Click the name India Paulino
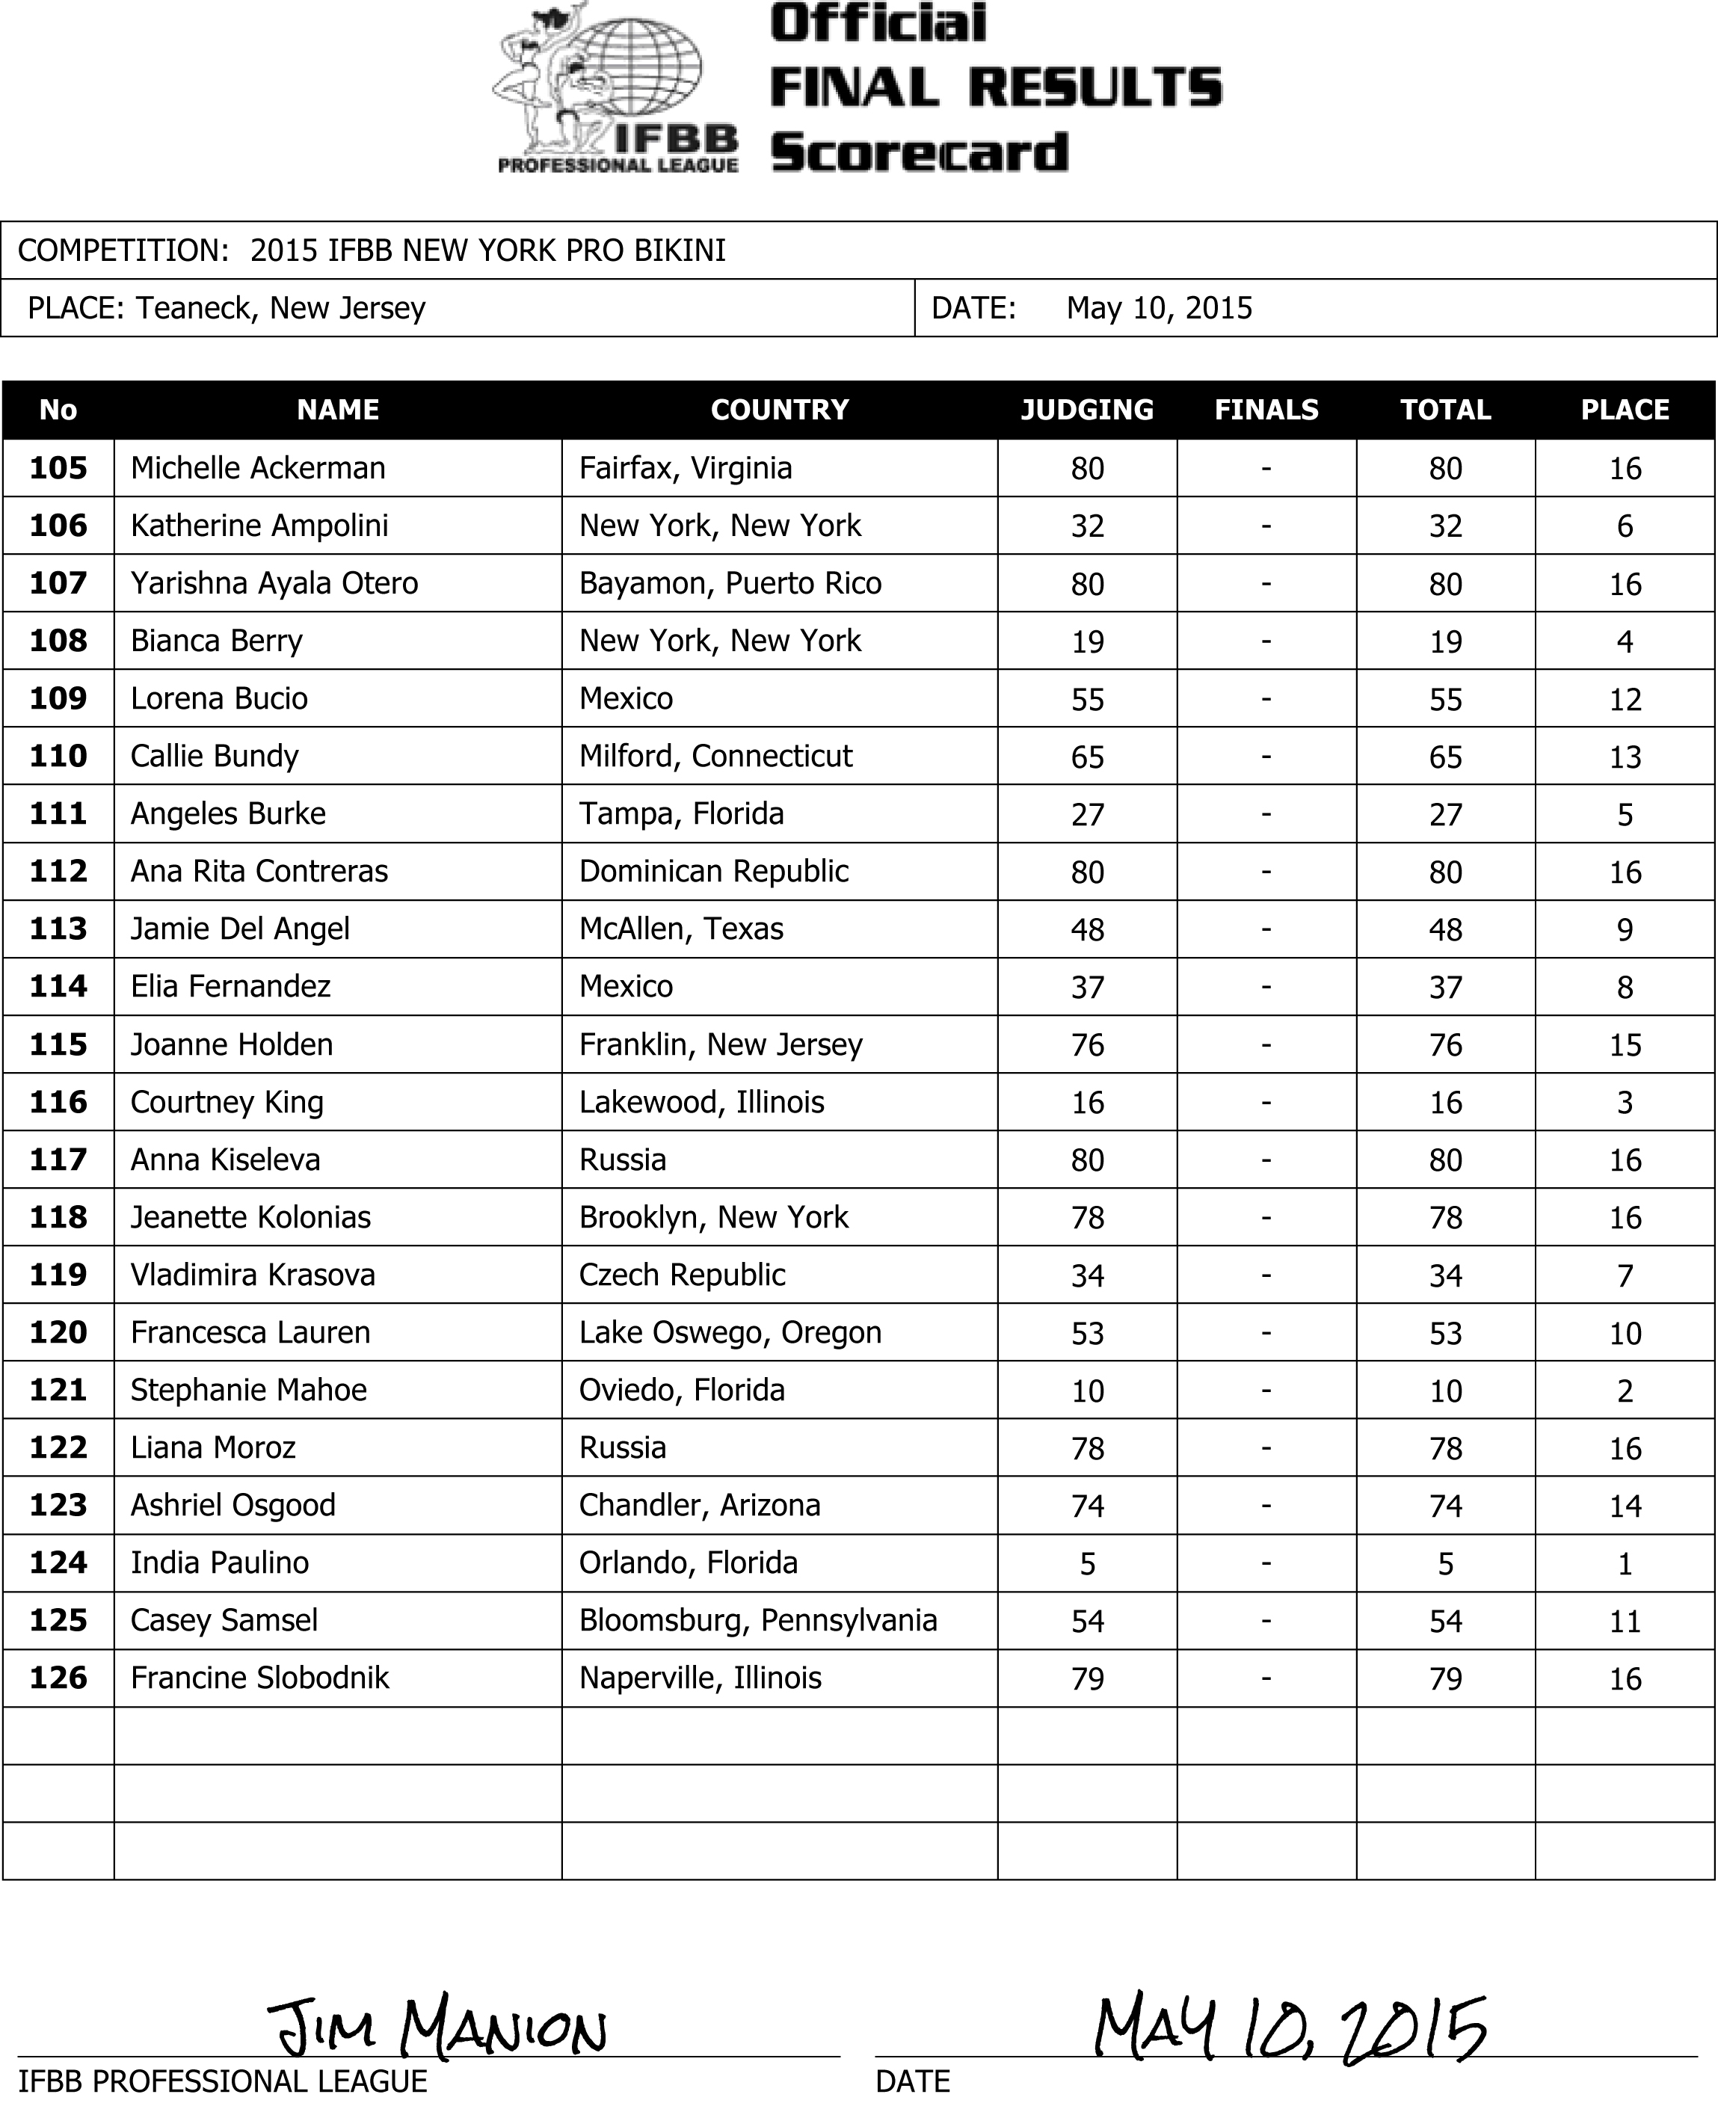coord(220,1563)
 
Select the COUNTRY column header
coord(780,410)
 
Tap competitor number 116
coord(58,1103)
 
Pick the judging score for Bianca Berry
coord(1088,642)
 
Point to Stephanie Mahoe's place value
coord(1625,1391)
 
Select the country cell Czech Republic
coord(682,1275)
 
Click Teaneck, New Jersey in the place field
coord(280,309)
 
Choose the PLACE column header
coord(1625,410)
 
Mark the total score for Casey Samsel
coord(1446,1621)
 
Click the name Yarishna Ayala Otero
coord(274,584)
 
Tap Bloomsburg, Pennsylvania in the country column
coord(758,1620)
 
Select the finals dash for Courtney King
coord(1266,1103)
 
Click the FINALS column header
coord(1266,410)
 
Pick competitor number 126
coord(58,1678)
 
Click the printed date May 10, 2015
coord(1159,309)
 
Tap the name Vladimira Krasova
coord(253,1275)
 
